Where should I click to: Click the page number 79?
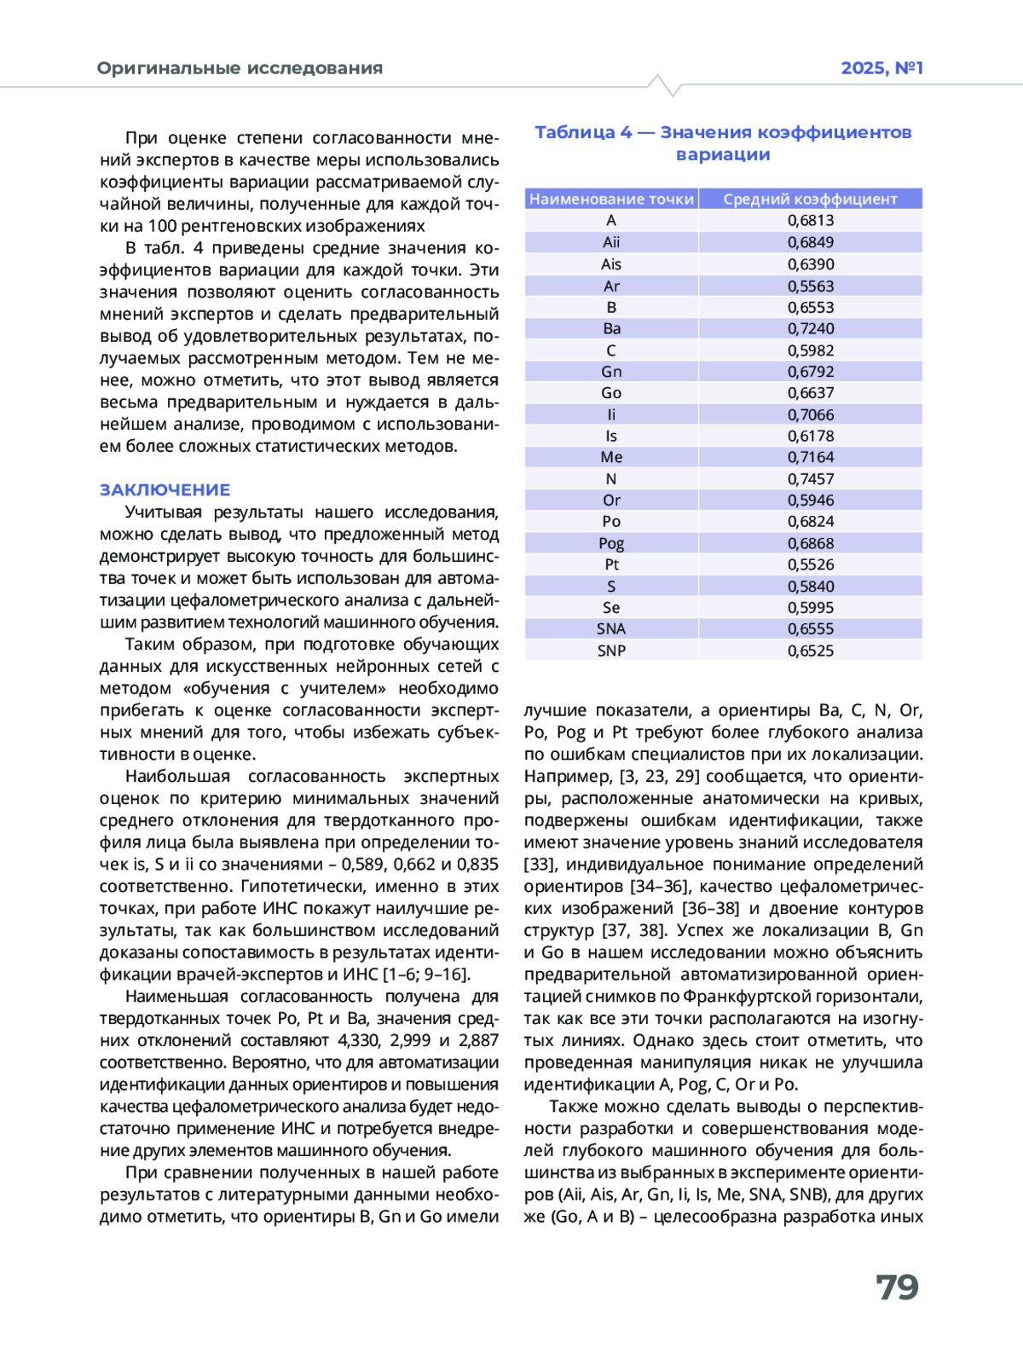897,1287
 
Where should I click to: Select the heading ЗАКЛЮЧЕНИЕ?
165,489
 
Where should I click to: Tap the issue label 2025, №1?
881,68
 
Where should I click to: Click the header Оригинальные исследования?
240,68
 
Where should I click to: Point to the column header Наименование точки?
611,199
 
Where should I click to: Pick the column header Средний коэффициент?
810,199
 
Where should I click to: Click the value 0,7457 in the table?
811,479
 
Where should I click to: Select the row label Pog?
611,543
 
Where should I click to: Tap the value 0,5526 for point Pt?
811,564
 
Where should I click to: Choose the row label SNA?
611,628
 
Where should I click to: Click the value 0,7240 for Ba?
811,328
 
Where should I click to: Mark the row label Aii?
611,242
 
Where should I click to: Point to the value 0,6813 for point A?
811,220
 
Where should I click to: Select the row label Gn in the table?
611,372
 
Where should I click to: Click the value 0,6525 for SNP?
811,651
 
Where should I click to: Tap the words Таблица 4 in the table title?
583,132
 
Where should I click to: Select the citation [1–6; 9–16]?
425,975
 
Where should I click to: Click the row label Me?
611,457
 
